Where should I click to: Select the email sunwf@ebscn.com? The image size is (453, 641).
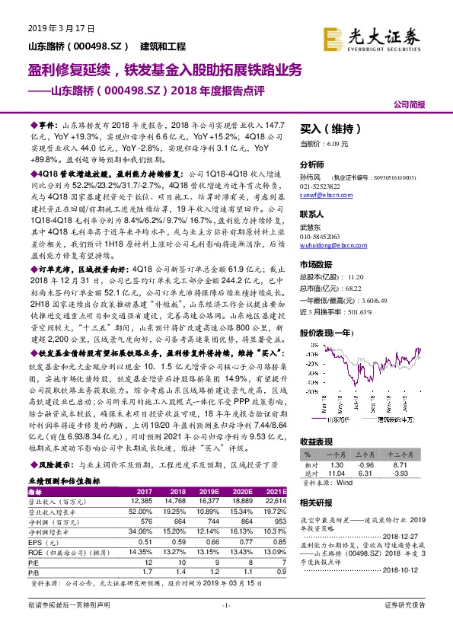tap(319, 195)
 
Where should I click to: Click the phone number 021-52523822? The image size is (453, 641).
tap(321, 186)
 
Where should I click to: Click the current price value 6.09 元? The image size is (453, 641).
tap(335, 143)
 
